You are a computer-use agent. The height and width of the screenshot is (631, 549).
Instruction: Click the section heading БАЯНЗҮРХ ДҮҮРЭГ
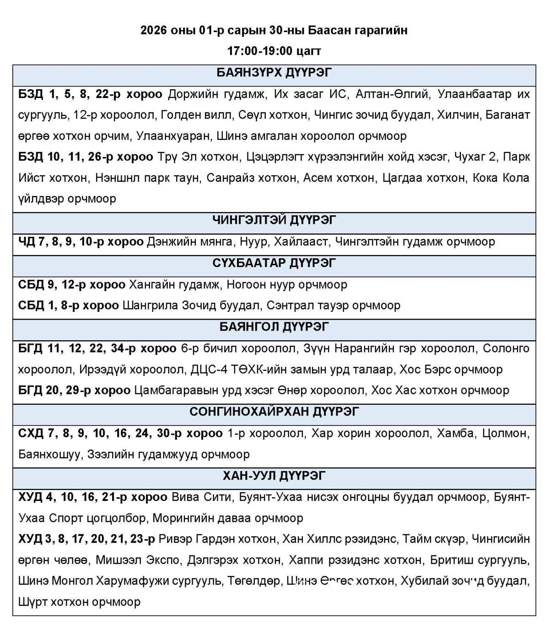pyautogui.click(x=274, y=73)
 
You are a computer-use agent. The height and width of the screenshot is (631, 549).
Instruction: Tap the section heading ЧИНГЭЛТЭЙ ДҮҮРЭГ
pyautogui.click(x=274, y=220)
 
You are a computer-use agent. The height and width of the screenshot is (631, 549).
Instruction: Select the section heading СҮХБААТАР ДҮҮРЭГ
pyautogui.click(x=274, y=263)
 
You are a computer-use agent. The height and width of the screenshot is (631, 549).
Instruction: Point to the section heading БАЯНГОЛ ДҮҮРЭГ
pyautogui.click(x=274, y=327)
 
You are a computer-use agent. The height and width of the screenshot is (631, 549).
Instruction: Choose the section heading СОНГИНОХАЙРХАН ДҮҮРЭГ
pyautogui.click(x=274, y=412)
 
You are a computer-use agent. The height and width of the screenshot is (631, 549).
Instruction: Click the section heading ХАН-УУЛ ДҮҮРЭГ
pyautogui.click(x=274, y=476)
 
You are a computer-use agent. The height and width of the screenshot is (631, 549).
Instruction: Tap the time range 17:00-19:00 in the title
pyautogui.click(x=259, y=51)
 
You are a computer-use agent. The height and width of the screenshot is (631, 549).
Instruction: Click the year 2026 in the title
pyautogui.click(x=154, y=31)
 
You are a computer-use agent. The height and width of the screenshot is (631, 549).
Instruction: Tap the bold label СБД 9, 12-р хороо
pyautogui.click(x=72, y=284)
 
